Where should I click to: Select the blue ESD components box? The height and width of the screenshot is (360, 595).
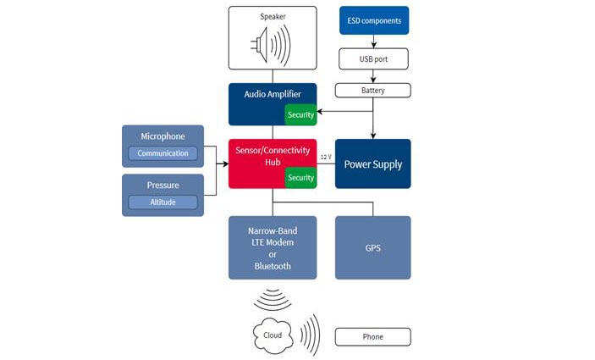[x=374, y=20]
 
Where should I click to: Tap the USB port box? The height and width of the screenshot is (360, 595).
[x=373, y=58]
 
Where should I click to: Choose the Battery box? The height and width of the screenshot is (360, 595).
[x=373, y=90]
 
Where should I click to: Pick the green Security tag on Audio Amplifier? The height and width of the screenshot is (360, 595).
[x=300, y=114]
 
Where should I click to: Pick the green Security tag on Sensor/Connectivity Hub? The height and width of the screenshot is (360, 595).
[x=300, y=177]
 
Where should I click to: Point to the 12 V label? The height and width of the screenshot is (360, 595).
[x=325, y=158]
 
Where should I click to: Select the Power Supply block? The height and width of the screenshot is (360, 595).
[x=373, y=163]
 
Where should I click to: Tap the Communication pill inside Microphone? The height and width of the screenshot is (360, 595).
[x=163, y=153]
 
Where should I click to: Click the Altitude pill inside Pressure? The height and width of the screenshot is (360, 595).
[x=163, y=202]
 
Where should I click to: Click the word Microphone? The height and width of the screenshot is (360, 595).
[x=163, y=136]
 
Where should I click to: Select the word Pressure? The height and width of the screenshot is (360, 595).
[x=163, y=185]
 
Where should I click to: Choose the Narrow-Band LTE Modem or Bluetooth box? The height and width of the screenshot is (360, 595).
[x=273, y=247]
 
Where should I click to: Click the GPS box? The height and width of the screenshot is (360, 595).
[x=373, y=247]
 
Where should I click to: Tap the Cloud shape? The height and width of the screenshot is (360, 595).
[x=273, y=335]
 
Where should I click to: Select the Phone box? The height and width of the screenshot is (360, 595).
[x=373, y=337]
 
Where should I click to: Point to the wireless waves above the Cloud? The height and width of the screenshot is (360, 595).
[x=273, y=299]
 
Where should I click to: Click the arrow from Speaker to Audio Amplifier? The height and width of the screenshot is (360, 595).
[x=273, y=76]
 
